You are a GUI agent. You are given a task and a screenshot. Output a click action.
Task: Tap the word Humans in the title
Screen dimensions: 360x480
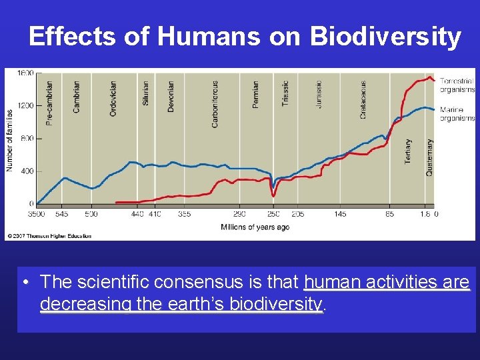(x=209, y=37)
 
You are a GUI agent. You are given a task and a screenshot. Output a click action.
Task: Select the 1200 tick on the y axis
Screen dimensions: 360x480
(x=25, y=105)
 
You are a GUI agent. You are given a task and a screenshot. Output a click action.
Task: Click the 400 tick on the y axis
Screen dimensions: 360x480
(x=27, y=171)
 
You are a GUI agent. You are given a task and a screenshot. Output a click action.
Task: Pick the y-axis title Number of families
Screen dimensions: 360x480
(x=11, y=140)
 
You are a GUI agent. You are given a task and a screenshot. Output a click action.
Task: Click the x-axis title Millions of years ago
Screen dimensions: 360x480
(x=255, y=227)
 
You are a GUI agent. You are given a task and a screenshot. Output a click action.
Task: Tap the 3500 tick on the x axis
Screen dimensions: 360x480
(x=36, y=214)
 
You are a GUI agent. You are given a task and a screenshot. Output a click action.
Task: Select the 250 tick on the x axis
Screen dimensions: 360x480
(x=273, y=214)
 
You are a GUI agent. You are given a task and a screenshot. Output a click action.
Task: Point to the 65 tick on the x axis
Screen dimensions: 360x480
(x=389, y=214)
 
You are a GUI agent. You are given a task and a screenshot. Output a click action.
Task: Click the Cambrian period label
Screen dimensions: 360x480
(x=77, y=97)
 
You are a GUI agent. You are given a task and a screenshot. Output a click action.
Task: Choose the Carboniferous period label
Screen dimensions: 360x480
(x=215, y=103)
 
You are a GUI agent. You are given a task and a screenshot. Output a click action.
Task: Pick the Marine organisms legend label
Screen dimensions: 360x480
(x=457, y=114)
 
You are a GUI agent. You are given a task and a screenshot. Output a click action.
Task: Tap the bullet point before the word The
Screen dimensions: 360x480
(x=25, y=283)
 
